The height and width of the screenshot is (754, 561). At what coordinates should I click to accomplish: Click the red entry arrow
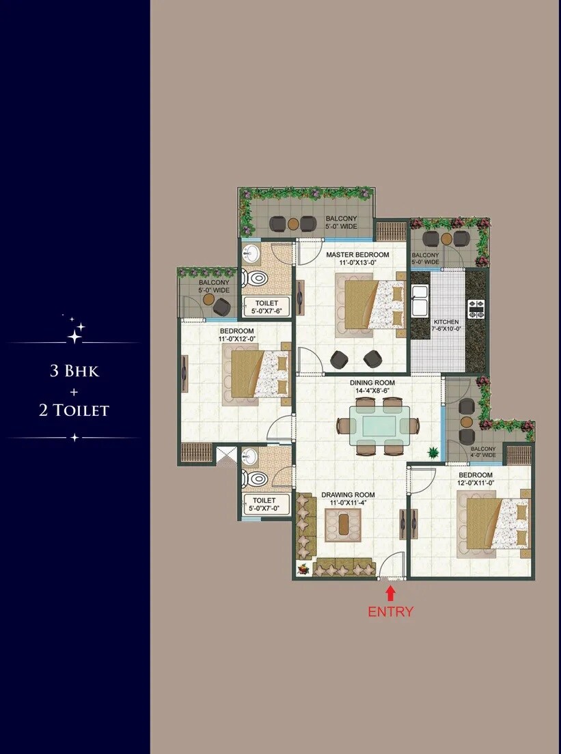tap(391, 592)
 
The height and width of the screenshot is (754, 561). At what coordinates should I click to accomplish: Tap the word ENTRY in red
tap(391, 611)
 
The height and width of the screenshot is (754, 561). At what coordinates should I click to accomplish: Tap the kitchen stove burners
tap(476, 309)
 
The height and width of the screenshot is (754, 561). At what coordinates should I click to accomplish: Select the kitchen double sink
tap(419, 301)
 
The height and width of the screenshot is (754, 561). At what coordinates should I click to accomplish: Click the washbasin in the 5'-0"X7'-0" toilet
tap(249, 456)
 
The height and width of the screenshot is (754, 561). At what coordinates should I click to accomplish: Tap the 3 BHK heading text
tap(74, 372)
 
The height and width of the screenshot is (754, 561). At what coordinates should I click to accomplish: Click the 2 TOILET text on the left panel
tap(74, 410)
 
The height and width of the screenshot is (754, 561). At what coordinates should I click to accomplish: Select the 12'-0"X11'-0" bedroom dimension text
tap(476, 484)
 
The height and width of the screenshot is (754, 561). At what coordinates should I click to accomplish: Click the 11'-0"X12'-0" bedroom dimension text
tap(237, 338)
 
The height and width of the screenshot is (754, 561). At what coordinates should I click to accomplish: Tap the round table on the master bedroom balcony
tap(292, 223)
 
